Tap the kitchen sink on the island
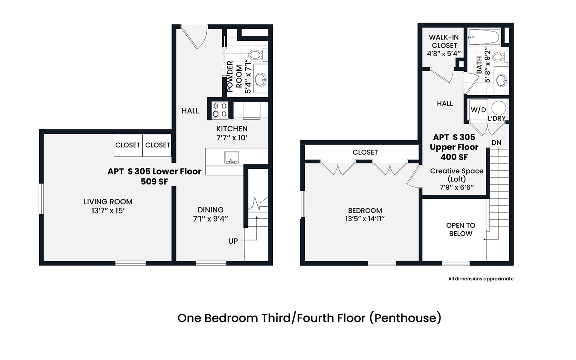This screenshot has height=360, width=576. [x=232, y=157]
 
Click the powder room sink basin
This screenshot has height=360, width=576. [x=260, y=80]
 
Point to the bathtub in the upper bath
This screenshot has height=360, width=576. [x=484, y=37]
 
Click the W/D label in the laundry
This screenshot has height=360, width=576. [x=478, y=110]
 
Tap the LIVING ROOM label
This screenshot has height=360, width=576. [x=108, y=202]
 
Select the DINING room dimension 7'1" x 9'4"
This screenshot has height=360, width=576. [x=210, y=219]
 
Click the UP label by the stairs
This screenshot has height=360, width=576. [x=233, y=241]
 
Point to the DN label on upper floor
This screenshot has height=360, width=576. [x=496, y=143]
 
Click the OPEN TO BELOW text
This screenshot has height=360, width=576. [x=460, y=229]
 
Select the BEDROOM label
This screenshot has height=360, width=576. [x=365, y=210]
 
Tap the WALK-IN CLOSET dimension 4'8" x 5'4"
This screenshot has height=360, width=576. [x=444, y=54]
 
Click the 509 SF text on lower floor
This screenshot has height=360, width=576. [x=154, y=182]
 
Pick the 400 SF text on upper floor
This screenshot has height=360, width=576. [x=454, y=157]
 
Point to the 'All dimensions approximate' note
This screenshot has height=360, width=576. [x=481, y=279]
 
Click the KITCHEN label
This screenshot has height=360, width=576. [x=232, y=128]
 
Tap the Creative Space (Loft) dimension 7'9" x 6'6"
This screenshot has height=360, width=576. [x=457, y=187]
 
